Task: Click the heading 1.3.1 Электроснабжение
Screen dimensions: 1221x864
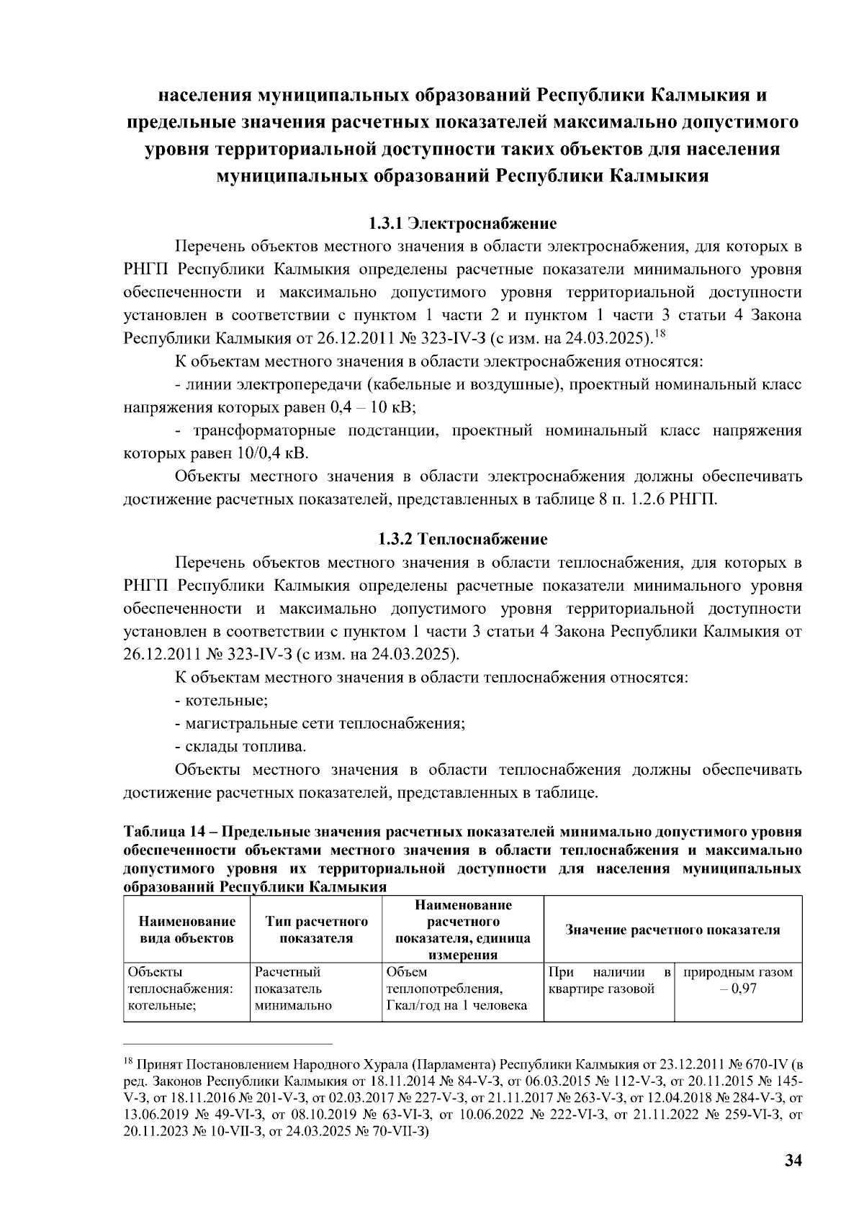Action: [x=463, y=223]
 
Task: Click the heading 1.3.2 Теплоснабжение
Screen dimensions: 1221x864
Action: [x=463, y=539]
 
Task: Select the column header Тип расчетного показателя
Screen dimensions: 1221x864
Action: [x=316, y=930]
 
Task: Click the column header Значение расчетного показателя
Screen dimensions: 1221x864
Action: [x=672, y=930]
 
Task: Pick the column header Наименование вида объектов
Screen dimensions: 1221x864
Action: [x=187, y=930]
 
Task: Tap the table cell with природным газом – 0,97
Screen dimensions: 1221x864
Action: [x=737, y=981]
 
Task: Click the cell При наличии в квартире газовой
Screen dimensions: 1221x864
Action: [x=608, y=981]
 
